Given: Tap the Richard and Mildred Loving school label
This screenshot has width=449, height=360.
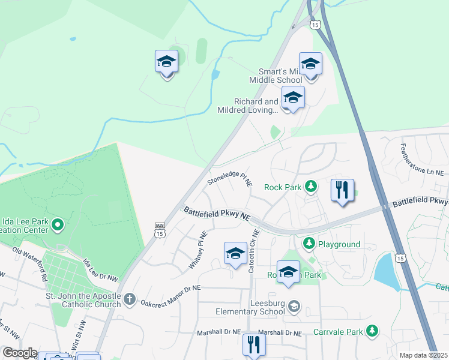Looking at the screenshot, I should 256,106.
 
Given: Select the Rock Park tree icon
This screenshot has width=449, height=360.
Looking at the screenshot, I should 310,187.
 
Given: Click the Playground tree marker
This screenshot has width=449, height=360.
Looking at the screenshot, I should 309,244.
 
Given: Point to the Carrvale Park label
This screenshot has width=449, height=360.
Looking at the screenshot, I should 338,331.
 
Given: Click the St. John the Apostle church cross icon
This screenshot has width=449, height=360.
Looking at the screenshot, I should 130,299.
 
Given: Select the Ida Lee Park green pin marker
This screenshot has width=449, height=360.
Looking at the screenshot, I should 58,225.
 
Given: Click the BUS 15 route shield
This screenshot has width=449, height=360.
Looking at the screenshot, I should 160,230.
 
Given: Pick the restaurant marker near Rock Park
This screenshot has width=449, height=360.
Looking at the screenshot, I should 342,191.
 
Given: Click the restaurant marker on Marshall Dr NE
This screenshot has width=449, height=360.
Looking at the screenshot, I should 254,344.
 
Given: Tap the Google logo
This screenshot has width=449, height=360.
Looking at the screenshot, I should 19,353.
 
